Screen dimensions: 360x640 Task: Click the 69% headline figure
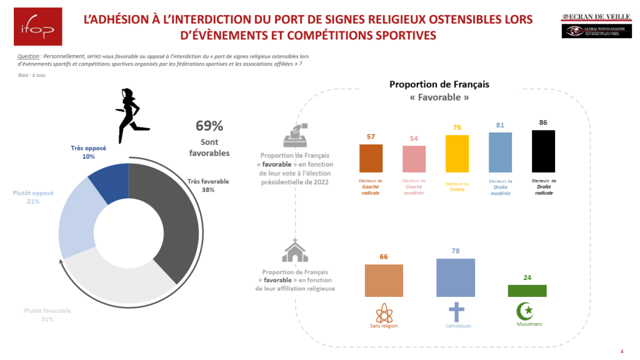click(209, 126)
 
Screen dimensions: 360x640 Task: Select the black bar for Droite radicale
click(543, 151)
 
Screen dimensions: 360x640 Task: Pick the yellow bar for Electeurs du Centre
click(457, 153)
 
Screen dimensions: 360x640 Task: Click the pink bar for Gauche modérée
click(414, 159)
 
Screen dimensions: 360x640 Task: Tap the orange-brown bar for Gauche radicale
click(371, 158)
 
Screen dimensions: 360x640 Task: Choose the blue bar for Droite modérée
click(500, 152)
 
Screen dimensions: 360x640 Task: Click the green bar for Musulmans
click(527, 291)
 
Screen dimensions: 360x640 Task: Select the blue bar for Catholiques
click(455, 277)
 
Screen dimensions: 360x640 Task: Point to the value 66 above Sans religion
click(384, 257)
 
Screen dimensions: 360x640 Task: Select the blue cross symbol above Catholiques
click(456, 312)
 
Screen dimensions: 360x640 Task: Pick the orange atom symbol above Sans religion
click(383, 311)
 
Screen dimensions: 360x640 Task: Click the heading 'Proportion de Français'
click(439, 84)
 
